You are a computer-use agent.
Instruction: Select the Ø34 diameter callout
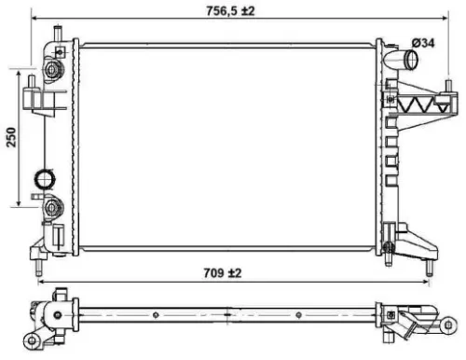(x=424, y=43)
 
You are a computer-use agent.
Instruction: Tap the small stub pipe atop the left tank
(x=58, y=36)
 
